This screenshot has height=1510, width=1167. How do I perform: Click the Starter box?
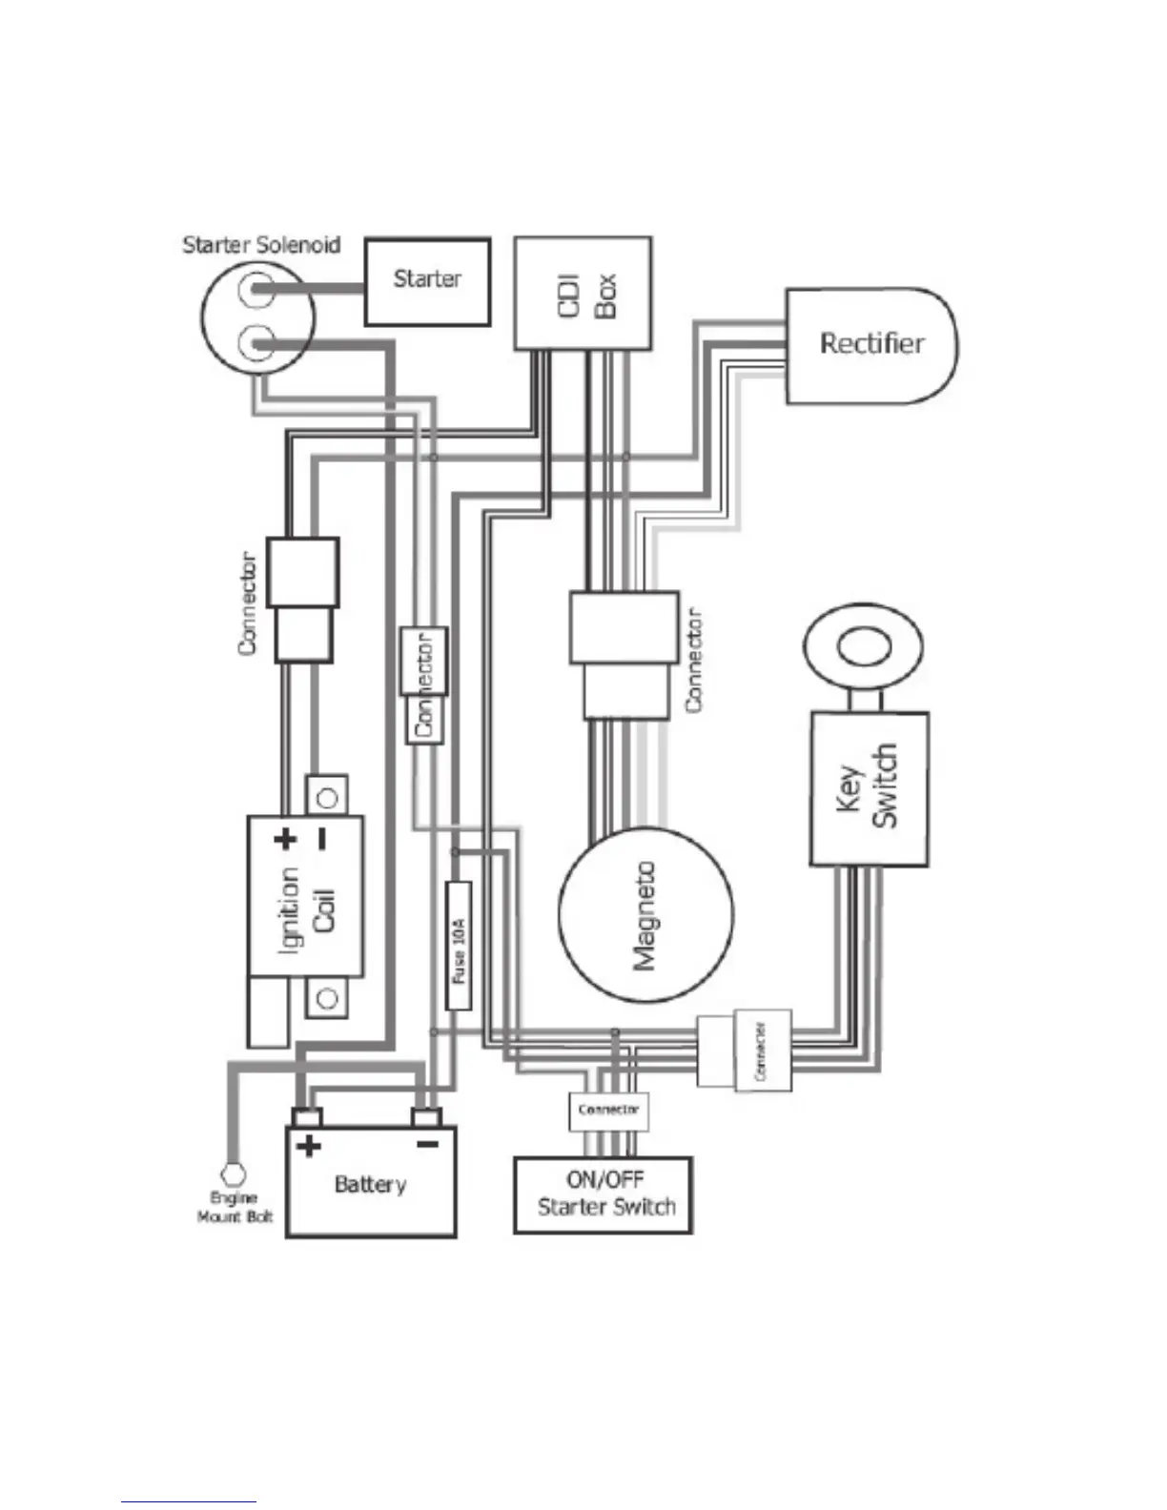[x=427, y=281]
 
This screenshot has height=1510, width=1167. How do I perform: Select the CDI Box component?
[x=583, y=294]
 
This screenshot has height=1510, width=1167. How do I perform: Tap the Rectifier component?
[x=870, y=345]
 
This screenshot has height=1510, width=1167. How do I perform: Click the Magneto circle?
[x=645, y=914]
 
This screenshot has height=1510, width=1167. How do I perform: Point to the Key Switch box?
[x=869, y=788]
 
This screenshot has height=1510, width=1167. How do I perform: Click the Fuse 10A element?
[x=459, y=945]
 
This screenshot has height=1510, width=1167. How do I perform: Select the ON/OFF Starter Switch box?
[x=603, y=1195]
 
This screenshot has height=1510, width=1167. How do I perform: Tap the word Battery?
[x=370, y=1185]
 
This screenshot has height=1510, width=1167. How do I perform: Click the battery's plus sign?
[x=308, y=1145]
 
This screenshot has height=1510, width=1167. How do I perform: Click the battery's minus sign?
[x=427, y=1144]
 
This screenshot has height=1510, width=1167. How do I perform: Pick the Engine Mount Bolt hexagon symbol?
[x=233, y=1173]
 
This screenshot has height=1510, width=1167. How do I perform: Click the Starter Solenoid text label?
[x=261, y=245]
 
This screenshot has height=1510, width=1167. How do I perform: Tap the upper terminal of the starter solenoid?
[x=256, y=289]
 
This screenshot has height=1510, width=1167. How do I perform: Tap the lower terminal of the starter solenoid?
[x=256, y=341]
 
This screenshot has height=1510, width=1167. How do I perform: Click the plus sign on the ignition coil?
[x=285, y=840]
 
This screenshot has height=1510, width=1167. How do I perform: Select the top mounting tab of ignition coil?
[x=326, y=796]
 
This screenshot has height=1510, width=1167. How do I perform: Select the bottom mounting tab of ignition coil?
[x=326, y=998]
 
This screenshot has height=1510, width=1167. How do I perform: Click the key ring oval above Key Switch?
[x=864, y=647]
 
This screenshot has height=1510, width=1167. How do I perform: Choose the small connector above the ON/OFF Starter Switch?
[x=608, y=1111]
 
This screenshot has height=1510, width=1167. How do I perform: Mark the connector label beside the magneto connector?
[x=694, y=660]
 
